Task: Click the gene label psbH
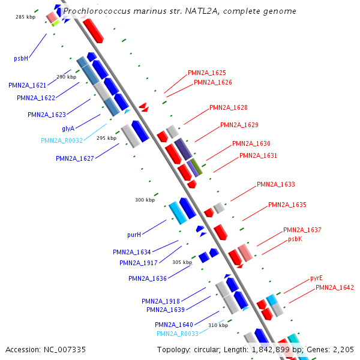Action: point(22,59)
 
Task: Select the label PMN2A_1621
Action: point(32,86)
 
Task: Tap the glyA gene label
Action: point(68,128)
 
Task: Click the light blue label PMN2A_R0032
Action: point(62,140)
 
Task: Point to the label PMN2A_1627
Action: point(75,158)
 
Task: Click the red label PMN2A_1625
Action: point(207,73)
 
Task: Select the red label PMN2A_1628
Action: point(229,107)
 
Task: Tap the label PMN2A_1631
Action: point(259,155)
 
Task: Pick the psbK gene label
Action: point(295,239)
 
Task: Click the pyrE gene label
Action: point(316,278)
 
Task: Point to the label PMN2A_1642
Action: point(335,288)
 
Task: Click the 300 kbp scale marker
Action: point(145,200)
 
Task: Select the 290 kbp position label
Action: point(67,77)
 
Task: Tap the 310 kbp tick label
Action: point(218,325)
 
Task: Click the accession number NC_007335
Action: point(46,349)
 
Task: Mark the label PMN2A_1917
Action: point(139,263)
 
